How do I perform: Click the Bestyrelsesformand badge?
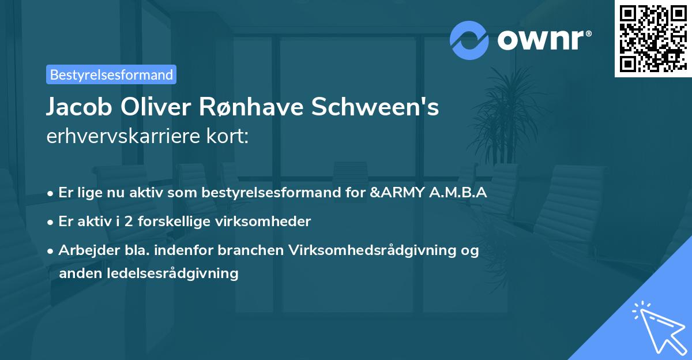111,74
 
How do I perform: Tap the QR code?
653,39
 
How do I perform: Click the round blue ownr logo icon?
469,40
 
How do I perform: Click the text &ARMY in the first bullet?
396,193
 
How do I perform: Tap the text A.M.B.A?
458,193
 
